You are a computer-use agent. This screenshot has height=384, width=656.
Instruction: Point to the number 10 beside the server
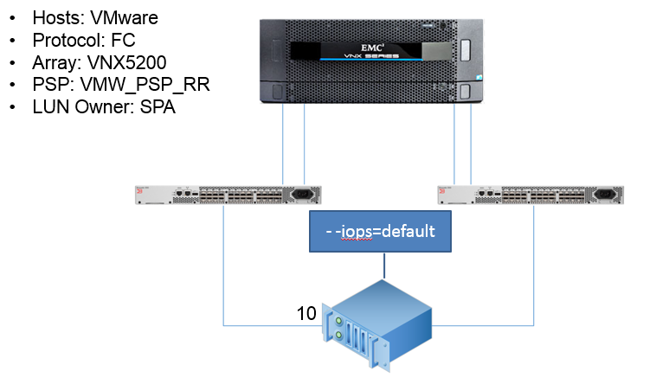pyautogui.click(x=306, y=314)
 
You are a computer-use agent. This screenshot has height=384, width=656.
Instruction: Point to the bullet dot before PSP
pyautogui.click(x=12, y=86)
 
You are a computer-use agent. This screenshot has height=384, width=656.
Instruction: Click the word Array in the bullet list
pyautogui.click(x=54, y=63)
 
